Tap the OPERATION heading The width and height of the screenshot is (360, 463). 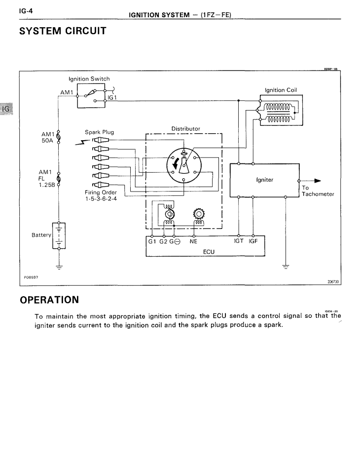[x=49, y=300]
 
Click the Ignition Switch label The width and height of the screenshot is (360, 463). [x=89, y=78]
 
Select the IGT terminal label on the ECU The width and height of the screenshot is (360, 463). [x=240, y=242]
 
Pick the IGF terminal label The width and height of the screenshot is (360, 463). [x=254, y=242]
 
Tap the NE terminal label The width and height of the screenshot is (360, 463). [x=193, y=242]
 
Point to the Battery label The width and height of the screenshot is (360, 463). [x=41, y=235]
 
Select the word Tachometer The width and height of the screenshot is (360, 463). [x=318, y=194]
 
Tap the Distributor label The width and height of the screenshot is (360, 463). [x=185, y=129]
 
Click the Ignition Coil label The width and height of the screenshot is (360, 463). [x=281, y=90]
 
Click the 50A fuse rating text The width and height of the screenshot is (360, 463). [x=48, y=140]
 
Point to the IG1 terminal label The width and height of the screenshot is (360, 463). [x=112, y=98]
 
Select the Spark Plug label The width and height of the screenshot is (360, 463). [x=100, y=132]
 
